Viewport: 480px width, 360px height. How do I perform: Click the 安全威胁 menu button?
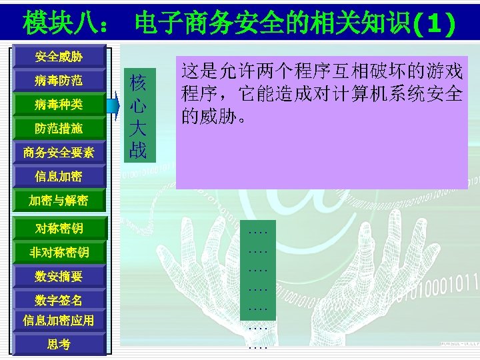59,57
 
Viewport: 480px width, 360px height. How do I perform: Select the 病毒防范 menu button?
59,81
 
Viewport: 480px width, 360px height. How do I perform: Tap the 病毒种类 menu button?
59,105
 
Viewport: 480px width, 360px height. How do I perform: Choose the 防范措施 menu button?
59,129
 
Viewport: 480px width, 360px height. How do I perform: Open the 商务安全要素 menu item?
59,153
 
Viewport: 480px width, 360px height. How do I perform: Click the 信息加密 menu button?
59,177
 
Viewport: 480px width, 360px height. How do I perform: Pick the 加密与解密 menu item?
59,201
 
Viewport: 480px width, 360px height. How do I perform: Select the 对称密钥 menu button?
59,229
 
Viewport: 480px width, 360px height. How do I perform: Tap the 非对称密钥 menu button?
59,253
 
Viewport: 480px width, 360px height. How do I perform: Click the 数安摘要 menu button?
59,276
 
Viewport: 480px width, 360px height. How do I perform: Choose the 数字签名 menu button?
59,300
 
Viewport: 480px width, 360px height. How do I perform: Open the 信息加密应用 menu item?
59,321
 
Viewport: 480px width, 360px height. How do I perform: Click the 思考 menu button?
59,344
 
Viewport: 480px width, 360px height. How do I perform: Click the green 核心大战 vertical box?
138,114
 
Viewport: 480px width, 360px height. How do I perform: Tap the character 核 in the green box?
138,83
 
